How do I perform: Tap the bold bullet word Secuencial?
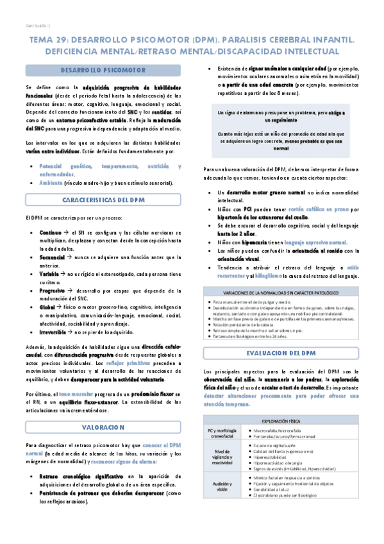(53, 256)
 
